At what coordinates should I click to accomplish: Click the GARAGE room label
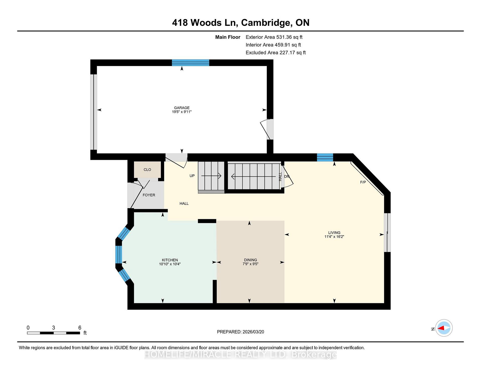pyautogui.click(x=182, y=108)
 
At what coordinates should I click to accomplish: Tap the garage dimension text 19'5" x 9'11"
pyautogui.click(x=182, y=112)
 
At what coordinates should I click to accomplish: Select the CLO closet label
pyautogui.click(x=147, y=170)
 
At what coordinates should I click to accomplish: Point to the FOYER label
pyautogui.click(x=149, y=195)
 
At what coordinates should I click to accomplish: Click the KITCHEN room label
pyautogui.click(x=170, y=260)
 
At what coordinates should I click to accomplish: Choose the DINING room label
pyautogui.click(x=251, y=260)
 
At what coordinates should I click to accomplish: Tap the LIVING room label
pyautogui.click(x=334, y=233)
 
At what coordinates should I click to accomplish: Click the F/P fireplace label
pyautogui.click(x=363, y=182)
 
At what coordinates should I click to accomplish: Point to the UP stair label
pyautogui.click(x=192, y=176)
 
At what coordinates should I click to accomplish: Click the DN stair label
pyautogui.click(x=287, y=176)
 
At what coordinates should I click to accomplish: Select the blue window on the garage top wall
pyautogui.click(x=190, y=62)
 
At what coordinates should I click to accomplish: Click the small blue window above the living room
pyautogui.click(x=325, y=157)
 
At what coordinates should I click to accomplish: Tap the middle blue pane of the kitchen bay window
pyautogui.click(x=118, y=254)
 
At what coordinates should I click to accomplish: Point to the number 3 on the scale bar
pyautogui.click(x=53, y=328)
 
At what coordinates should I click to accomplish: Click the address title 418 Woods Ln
pyautogui.click(x=204, y=23)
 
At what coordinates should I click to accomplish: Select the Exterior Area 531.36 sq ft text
pyautogui.click(x=274, y=37)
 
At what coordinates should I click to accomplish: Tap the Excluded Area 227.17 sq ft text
pyautogui.click(x=276, y=53)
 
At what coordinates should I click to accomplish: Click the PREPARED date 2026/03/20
pyautogui.click(x=253, y=332)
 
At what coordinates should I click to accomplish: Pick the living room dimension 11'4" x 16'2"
pyautogui.click(x=334, y=237)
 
